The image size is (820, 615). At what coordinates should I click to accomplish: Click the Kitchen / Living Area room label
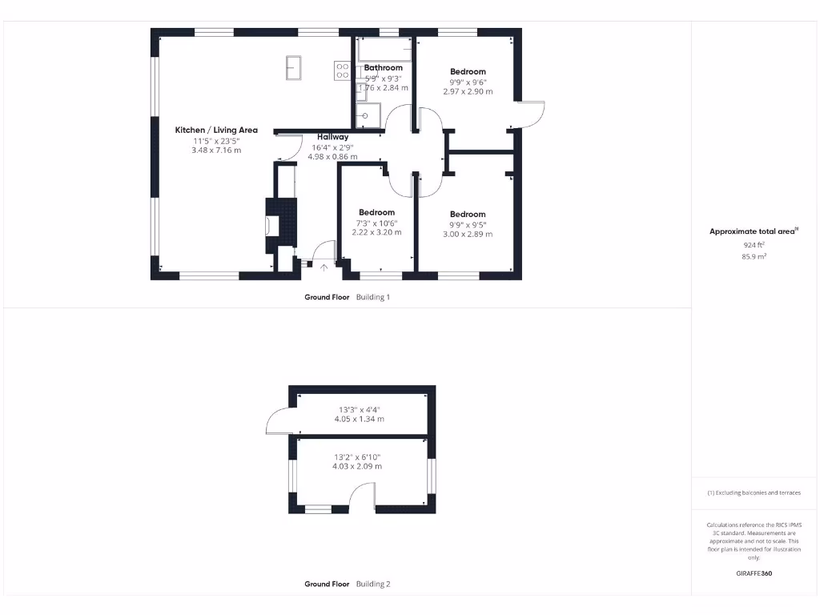(x=216, y=130)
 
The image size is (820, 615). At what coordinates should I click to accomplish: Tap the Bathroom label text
(x=383, y=68)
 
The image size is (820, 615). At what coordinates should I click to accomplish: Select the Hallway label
(x=332, y=137)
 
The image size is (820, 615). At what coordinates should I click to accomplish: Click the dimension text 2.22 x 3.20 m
(x=376, y=232)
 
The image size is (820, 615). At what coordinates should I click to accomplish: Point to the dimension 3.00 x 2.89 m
(x=468, y=234)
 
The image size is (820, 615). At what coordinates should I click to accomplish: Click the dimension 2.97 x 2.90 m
(x=468, y=91)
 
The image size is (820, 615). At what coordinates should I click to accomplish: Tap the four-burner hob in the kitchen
(x=342, y=71)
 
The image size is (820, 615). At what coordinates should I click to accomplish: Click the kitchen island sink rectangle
(x=294, y=67)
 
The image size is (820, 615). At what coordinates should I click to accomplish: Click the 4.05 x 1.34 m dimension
(x=360, y=419)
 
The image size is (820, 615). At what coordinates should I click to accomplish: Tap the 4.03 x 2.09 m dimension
(x=357, y=466)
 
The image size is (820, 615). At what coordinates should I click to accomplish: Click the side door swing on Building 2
(x=278, y=420)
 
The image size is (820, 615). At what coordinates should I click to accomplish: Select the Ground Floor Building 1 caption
(x=347, y=297)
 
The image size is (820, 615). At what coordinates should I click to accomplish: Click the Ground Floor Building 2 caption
(x=347, y=585)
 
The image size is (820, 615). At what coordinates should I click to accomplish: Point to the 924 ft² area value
(x=753, y=245)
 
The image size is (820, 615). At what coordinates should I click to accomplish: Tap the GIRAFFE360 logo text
(x=754, y=573)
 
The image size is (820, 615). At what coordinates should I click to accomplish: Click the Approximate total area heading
(x=753, y=231)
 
